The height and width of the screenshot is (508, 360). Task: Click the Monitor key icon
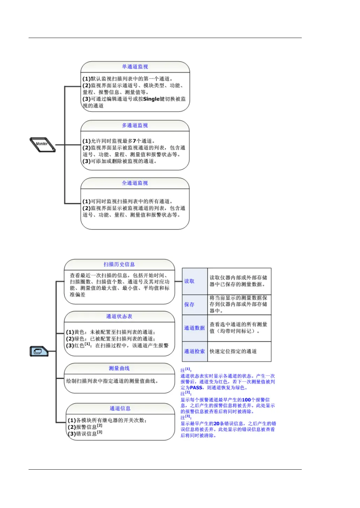43,144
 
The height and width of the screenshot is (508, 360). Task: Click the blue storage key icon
38,351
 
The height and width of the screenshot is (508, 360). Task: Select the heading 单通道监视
135,67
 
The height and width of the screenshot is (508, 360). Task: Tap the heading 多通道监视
135,126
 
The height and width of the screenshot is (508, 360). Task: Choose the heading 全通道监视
135,183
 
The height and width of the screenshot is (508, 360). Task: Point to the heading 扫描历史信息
119,264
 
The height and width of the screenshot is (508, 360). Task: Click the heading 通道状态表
119,316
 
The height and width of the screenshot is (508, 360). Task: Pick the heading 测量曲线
119,368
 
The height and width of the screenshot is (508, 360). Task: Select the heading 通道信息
120,408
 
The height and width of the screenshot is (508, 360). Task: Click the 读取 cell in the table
189,281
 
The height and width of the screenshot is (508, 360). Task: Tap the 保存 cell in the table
189,304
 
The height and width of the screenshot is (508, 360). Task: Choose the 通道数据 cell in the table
194,328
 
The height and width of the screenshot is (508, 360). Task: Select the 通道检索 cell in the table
194,351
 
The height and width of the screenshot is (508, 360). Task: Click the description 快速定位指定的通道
233,351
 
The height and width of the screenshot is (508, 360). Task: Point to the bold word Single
151,99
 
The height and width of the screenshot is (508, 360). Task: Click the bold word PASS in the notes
196,388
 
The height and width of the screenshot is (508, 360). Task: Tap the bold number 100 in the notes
246,400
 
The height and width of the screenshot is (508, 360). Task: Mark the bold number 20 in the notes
216,424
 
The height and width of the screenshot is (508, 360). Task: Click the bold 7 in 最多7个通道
134,141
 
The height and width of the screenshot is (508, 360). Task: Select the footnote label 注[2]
186,393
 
